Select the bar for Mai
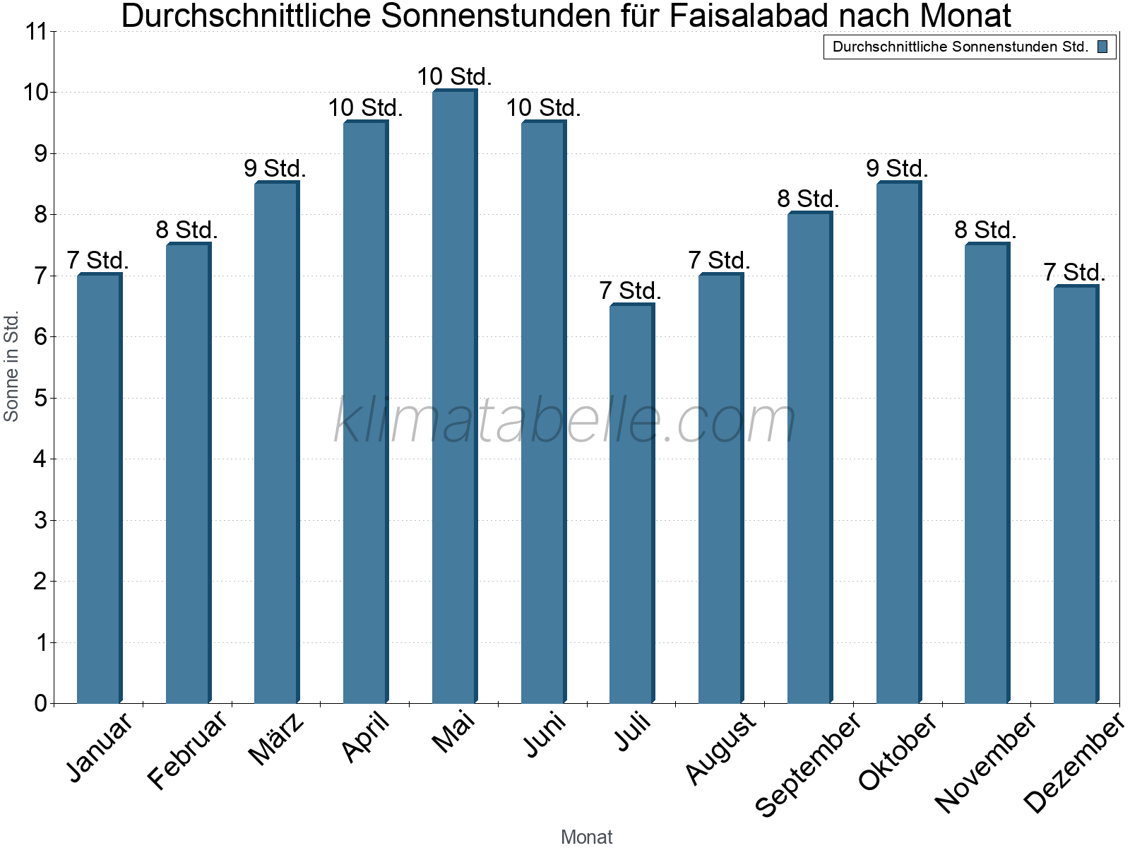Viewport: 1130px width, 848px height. (x=454, y=396)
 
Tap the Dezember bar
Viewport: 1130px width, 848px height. (x=1076, y=495)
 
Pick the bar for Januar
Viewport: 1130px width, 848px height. (x=99, y=488)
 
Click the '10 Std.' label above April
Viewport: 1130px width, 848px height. (x=365, y=108)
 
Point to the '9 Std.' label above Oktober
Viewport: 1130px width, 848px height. (x=897, y=169)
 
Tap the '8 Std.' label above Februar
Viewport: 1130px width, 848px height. (x=186, y=230)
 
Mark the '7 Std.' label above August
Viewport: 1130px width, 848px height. (x=719, y=261)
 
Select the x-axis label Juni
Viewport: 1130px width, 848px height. (x=545, y=735)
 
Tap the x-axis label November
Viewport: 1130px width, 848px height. (x=986, y=762)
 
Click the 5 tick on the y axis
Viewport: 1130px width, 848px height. (x=40, y=399)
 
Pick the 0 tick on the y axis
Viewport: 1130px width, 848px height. (x=40, y=704)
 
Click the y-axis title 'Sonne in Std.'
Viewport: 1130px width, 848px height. (x=11, y=366)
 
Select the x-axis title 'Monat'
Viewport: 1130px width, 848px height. (x=586, y=837)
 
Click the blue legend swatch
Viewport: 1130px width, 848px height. (x=1102, y=47)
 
